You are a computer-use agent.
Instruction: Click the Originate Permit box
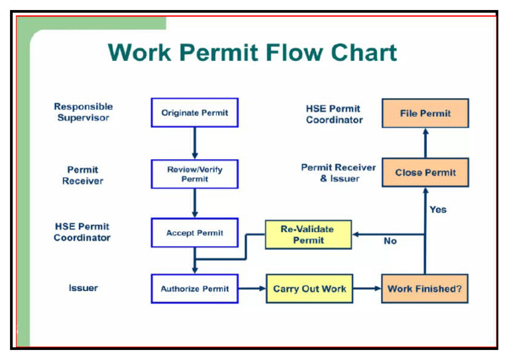pyautogui.click(x=194, y=113)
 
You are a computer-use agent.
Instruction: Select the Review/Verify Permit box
pyautogui.click(x=194, y=174)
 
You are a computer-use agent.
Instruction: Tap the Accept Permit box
pyautogui.click(x=194, y=233)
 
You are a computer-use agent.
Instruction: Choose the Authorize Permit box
pyautogui.click(x=194, y=288)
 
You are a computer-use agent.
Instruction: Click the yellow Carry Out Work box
pyautogui.click(x=309, y=288)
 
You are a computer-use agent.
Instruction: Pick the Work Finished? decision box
pyautogui.click(x=425, y=288)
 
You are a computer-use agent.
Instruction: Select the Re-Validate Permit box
pyautogui.click(x=308, y=234)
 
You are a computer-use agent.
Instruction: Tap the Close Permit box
pyautogui.click(x=425, y=172)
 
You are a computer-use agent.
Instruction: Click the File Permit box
pyautogui.click(x=425, y=113)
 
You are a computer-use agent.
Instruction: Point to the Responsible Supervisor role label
pyautogui.click(x=84, y=112)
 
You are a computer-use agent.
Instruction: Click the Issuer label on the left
pyautogui.click(x=84, y=288)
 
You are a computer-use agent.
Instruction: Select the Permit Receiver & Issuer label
pyautogui.click(x=339, y=173)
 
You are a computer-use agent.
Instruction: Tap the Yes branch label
pyautogui.click(x=438, y=210)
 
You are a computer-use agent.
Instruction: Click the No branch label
pyautogui.click(x=390, y=241)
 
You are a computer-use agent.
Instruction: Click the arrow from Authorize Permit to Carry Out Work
pyautogui.click(x=252, y=288)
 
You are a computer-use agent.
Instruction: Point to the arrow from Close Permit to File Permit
pyautogui.click(x=425, y=143)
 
